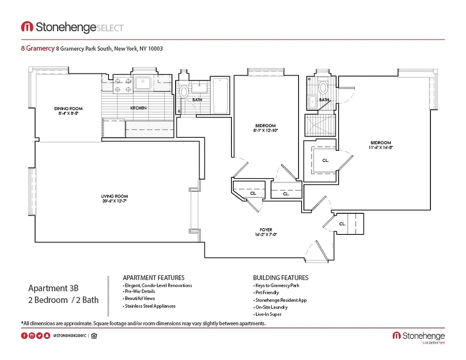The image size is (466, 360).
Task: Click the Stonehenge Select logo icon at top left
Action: pyautogui.click(x=27, y=27)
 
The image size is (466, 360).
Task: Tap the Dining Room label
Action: pyautogui.click(x=68, y=108)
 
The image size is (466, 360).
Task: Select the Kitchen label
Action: pyautogui.click(x=138, y=108)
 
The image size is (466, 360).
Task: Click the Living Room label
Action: pyautogui.click(x=114, y=196)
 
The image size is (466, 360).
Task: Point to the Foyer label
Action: pyautogui.click(x=266, y=229)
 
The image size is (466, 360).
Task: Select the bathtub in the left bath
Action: pyautogui.click(x=220, y=96)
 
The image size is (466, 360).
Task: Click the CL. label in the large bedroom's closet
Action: pyautogui.click(x=325, y=160)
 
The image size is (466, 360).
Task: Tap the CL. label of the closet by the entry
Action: pyautogui.click(x=342, y=224)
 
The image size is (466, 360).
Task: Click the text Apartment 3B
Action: pyautogui.click(x=54, y=288)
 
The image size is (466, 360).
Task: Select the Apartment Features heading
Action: pyautogui.click(x=154, y=278)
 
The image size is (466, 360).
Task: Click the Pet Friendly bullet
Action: pyautogui.click(x=267, y=292)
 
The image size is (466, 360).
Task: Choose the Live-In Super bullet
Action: pyautogui.click(x=268, y=314)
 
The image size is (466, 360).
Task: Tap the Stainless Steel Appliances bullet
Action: pyautogui.click(x=150, y=306)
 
